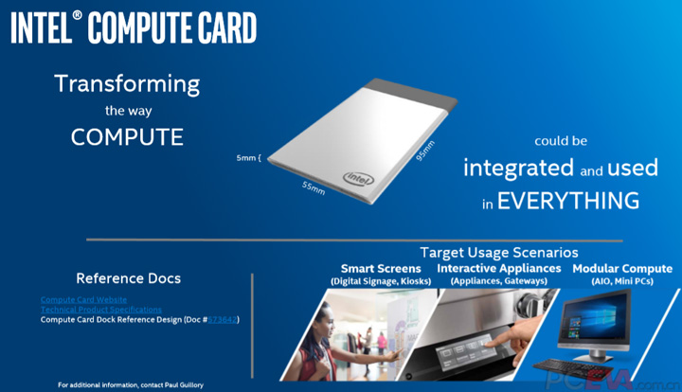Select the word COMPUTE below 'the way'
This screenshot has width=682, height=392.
coord(127,136)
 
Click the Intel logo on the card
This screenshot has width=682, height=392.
coord(356,178)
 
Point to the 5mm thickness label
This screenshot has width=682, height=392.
coord(248,157)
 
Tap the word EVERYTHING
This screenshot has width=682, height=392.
coord(568,201)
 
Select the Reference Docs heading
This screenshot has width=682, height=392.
coord(128,278)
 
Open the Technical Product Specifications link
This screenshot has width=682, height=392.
coord(100,310)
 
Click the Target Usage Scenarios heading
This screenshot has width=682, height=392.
coord(498,253)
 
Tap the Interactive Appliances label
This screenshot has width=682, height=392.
coord(498,269)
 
